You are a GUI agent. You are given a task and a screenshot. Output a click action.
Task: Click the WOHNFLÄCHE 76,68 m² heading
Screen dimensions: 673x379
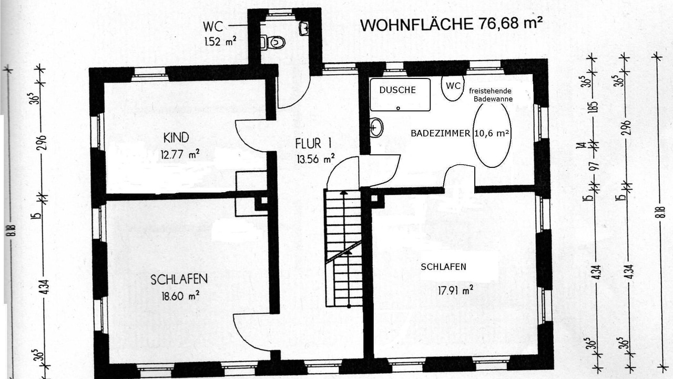[452, 24]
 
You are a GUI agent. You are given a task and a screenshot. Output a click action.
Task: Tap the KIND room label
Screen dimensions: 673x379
[176, 138]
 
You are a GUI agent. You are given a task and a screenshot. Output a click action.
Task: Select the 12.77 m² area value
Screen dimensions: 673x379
[180, 155]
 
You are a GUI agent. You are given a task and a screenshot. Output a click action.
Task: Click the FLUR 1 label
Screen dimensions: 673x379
[313, 144]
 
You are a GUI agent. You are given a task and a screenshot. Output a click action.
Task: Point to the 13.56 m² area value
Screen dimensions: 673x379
[316, 158]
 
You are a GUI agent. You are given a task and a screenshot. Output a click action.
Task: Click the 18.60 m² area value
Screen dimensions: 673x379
[180, 296]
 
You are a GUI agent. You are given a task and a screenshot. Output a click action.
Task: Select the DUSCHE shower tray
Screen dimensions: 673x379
[400, 95]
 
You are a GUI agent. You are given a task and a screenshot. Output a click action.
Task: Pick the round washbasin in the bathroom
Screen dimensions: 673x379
[377, 128]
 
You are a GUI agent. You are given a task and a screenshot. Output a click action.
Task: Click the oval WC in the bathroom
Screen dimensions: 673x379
[453, 87]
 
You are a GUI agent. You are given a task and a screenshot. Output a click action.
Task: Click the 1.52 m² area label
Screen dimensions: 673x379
[220, 41]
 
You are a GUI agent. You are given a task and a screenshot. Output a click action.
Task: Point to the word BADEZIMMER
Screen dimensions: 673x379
[441, 134]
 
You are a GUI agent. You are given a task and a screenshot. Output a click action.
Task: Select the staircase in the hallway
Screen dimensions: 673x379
[344, 248]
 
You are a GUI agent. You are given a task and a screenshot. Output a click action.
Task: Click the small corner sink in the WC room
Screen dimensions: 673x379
[304, 28]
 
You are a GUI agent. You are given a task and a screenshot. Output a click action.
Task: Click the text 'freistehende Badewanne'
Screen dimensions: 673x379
[491, 95]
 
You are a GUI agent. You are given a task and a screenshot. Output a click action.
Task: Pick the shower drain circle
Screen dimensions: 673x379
[398, 108]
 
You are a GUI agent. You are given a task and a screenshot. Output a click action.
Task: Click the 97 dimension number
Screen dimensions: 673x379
[595, 165]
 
